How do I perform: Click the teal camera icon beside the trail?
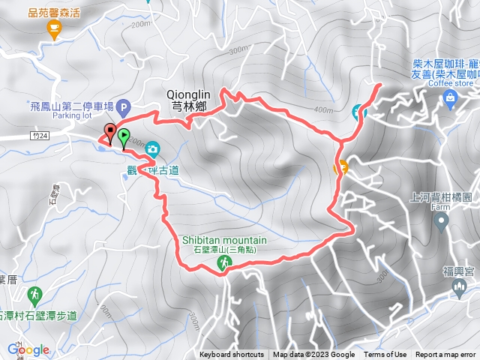[152, 148]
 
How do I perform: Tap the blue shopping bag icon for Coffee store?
[449, 98]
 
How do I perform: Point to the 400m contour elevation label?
[322, 110]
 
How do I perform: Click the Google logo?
[28, 349]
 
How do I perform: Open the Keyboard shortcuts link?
[231, 355]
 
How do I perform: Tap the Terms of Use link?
[385, 355]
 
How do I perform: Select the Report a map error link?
[446, 355]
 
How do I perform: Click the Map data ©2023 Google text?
[313, 355]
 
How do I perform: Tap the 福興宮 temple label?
[456, 270]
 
